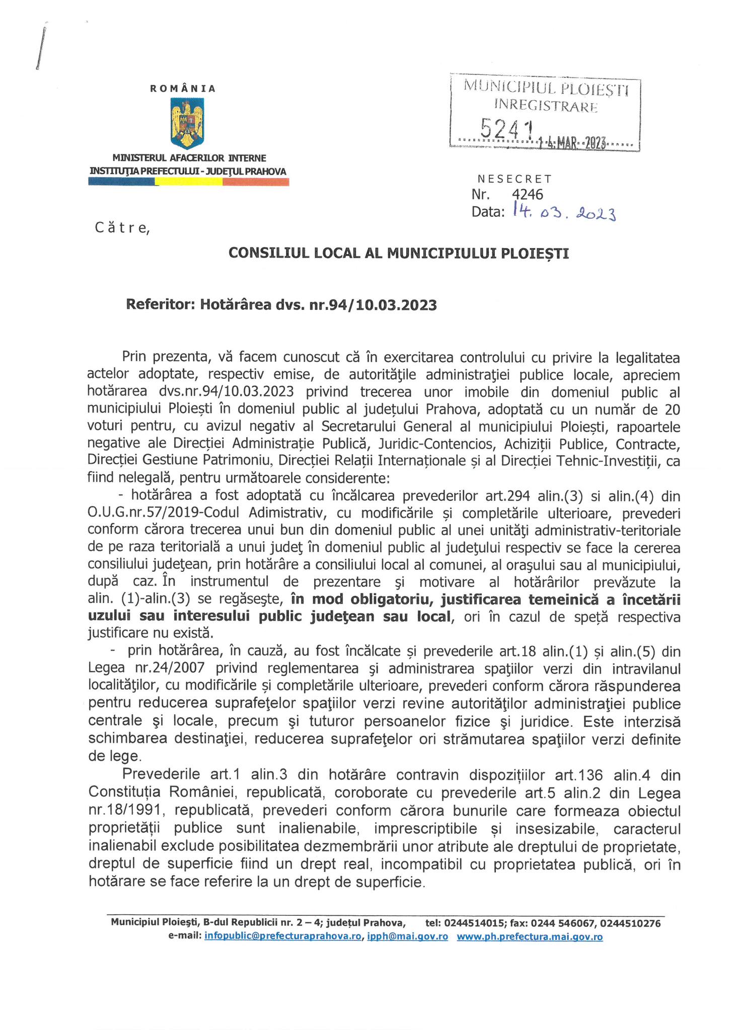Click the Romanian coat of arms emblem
coord(187,122)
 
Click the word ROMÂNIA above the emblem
coord(183,89)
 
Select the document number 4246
coord(528,194)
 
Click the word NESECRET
coord(514,179)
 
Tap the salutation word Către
coord(122,228)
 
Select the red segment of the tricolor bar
coord(256,183)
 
